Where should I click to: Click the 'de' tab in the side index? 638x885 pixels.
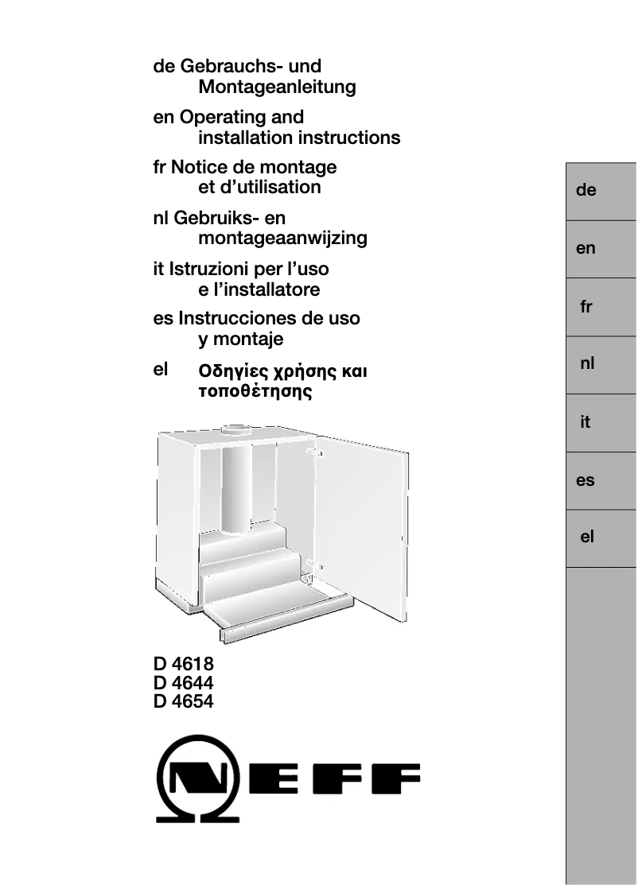click(x=601, y=191)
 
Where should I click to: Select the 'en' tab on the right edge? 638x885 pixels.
click(x=601, y=249)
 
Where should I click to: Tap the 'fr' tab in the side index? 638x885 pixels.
click(x=601, y=307)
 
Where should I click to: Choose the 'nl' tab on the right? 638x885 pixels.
click(x=601, y=365)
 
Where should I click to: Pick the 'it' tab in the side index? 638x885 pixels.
click(x=601, y=423)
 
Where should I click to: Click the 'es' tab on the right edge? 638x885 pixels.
click(x=601, y=481)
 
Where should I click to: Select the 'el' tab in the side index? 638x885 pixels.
click(x=601, y=538)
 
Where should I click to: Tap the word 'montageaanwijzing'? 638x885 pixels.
click(x=282, y=238)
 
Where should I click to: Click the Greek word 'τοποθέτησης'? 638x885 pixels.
click(x=255, y=391)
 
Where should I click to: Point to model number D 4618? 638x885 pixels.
click(x=183, y=665)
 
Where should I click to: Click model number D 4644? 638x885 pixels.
click(x=183, y=683)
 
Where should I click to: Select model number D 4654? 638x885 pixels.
click(x=183, y=701)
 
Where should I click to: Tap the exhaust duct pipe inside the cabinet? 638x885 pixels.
click(x=236, y=485)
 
